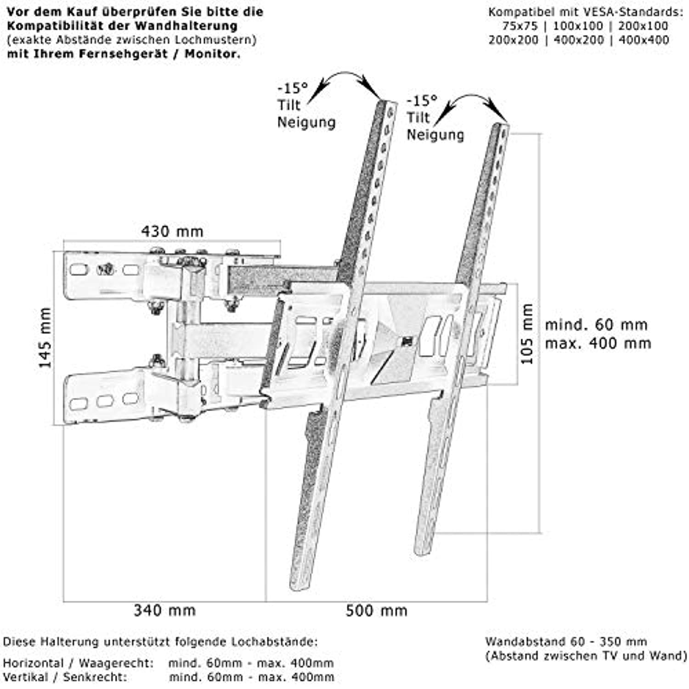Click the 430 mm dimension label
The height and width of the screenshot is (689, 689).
tap(172, 231)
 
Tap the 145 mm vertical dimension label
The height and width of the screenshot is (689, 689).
tap(45, 338)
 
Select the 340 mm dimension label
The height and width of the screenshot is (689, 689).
tap(165, 610)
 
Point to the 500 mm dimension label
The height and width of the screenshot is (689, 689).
tap(377, 610)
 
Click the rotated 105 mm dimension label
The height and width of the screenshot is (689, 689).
tap(527, 334)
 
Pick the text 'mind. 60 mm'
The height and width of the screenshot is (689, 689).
tap(596, 325)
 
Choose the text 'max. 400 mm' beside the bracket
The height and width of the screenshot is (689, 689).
tap(598, 343)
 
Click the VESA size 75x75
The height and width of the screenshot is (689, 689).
tap(520, 26)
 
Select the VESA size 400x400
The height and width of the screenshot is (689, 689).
tap(644, 40)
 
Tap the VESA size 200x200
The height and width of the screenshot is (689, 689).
tap(514, 40)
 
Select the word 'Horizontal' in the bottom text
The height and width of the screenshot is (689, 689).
tap(33, 663)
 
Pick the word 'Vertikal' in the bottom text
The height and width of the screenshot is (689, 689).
tap(25, 677)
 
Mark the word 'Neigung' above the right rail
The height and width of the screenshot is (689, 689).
tap(435, 135)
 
